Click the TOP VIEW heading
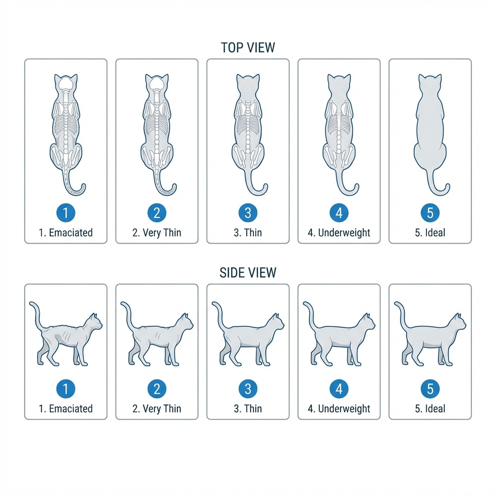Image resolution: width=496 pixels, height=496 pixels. coord(248,47)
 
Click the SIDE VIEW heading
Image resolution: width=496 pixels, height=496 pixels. coord(248,272)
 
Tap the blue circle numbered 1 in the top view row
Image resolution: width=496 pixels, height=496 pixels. coord(66,212)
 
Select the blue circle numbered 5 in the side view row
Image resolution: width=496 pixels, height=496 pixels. coord(430,388)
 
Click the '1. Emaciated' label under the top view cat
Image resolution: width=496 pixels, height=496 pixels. coord(66,232)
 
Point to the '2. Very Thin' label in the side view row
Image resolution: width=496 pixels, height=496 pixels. coord(156,408)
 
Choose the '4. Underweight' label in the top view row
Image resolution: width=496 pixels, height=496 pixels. coord(339,232)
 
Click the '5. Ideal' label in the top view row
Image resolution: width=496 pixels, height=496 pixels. coord(430,232)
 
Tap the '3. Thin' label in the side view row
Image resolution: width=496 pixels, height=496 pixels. coord(248,408)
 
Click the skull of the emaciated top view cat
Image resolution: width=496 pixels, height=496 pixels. coord(66,87)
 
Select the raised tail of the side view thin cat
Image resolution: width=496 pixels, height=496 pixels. coord(217,312)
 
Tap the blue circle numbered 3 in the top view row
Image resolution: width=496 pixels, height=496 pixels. coord(248,212)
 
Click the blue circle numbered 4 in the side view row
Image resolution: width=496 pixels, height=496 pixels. coord(339,388)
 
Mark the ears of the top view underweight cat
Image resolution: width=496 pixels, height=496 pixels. coord(339,77)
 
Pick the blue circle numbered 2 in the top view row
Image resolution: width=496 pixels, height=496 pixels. coord(156,212)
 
